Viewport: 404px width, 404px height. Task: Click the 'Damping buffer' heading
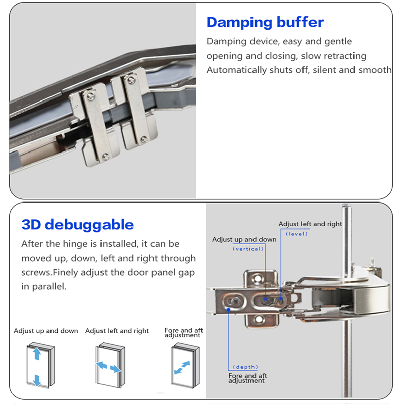tap(265, 22)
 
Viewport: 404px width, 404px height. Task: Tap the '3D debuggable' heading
tap(77, 224)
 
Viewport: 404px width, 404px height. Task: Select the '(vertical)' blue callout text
tap(247, 249)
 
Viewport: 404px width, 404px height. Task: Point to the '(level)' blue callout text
tap(296, 234)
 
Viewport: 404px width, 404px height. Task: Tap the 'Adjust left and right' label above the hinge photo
tap(310, 224)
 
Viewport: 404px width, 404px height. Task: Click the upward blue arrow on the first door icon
tap(37, 354)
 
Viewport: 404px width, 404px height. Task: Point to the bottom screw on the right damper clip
tap(145, 140)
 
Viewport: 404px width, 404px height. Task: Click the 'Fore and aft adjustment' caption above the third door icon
tap(184, 333)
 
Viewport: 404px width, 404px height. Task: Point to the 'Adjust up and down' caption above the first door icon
tap(45, 331)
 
